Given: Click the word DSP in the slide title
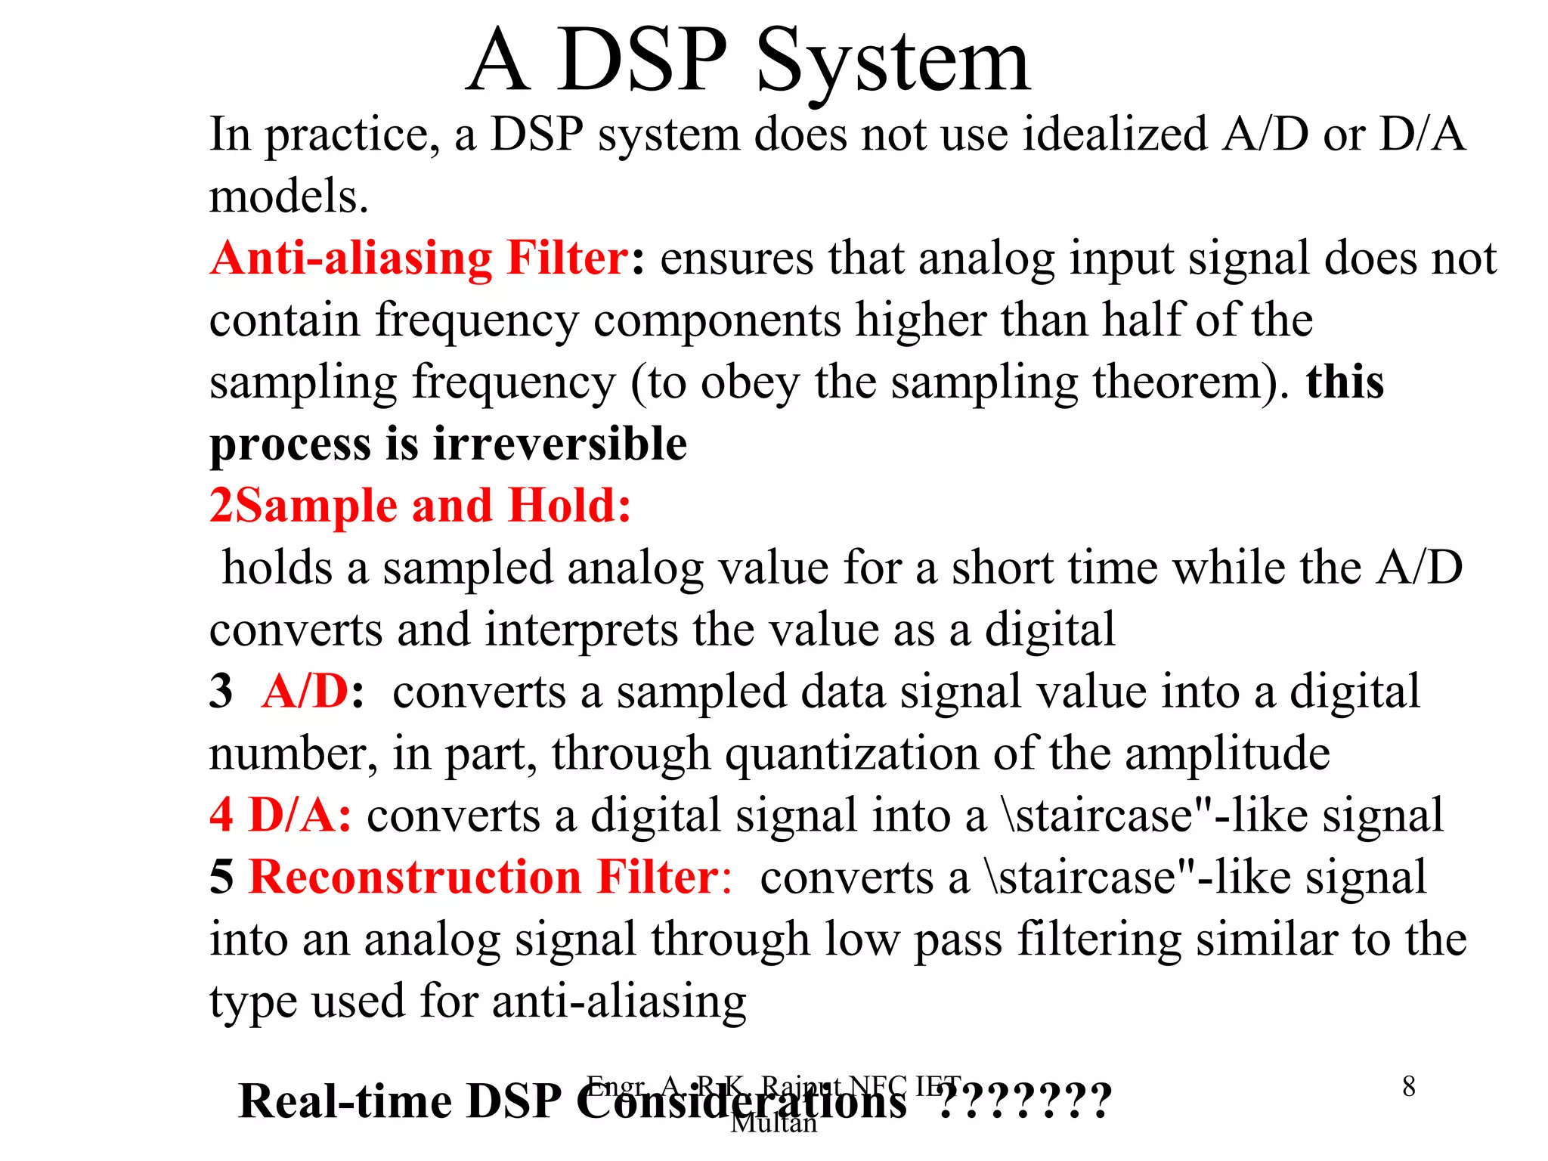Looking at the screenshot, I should click(x=642, y=60).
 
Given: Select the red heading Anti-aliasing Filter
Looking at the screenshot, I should click(x=419, y=258).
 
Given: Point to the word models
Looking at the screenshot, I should click(x=288, y=197).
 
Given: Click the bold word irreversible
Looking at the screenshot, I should click(x=560, y=444).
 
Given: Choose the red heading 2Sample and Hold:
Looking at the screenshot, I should click(x=420, y=506).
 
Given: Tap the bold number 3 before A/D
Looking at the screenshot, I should click(x=221, y=691).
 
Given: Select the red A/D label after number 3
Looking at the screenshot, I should click(x=305, y=691).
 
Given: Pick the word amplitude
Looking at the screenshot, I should click(x=1227, y=754).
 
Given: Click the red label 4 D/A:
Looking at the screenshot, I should click(x=280, y=816).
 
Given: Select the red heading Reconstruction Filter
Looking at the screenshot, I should click(x=484, y=878).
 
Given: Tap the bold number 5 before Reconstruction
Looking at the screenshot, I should click(x=221, y=878).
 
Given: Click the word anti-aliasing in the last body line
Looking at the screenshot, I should click(x=619, y=1002).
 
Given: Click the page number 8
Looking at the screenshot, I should click(x=1408, y=1087).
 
